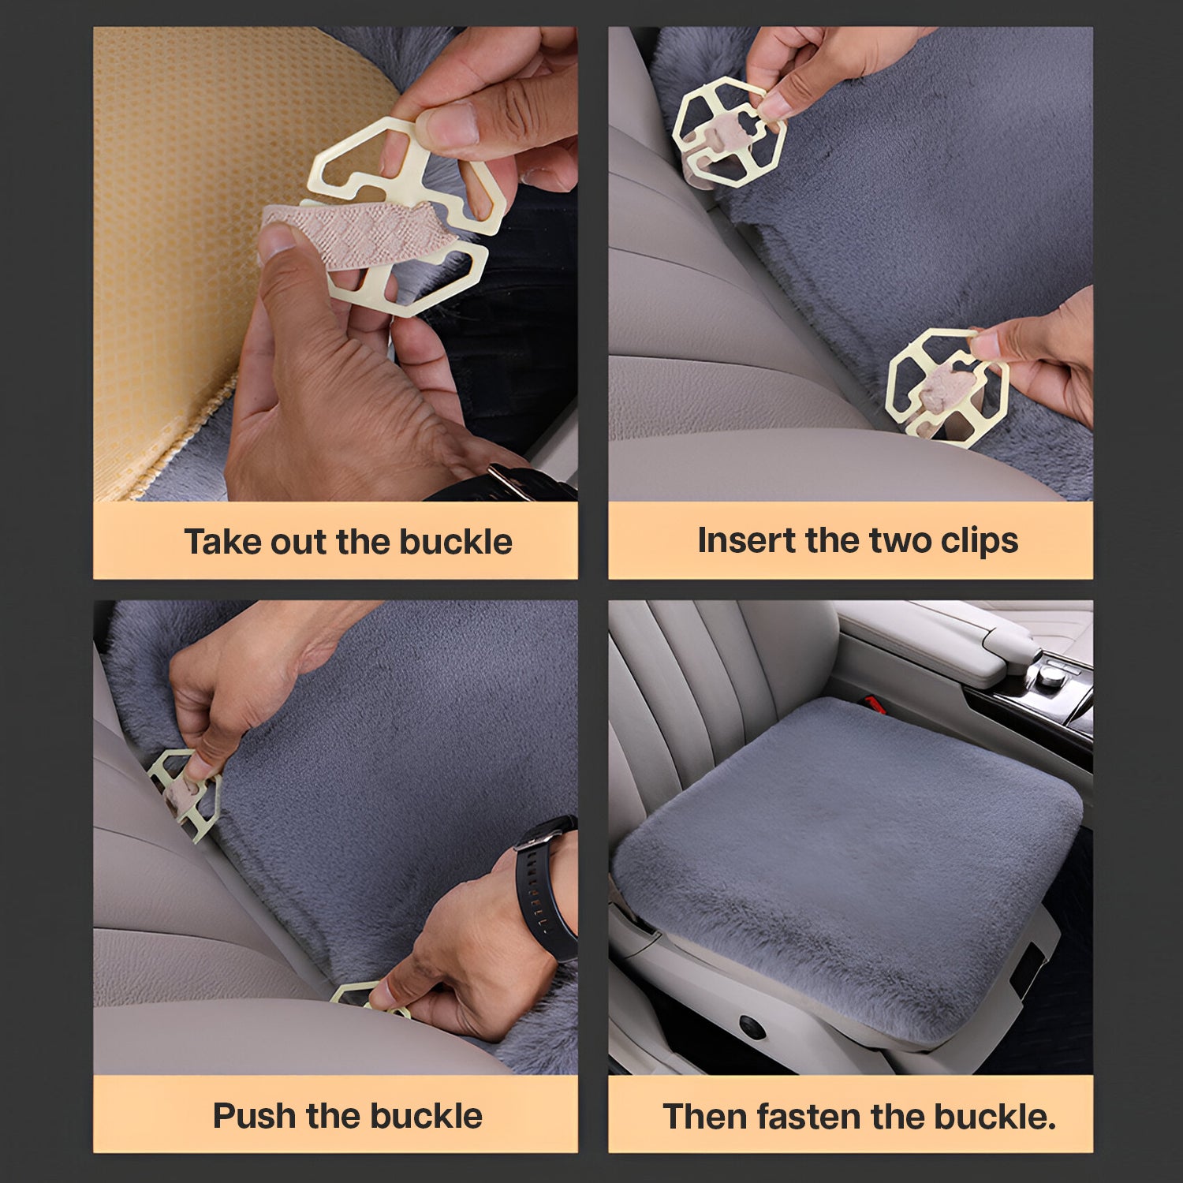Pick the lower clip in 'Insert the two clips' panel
[x=947, y=386]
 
